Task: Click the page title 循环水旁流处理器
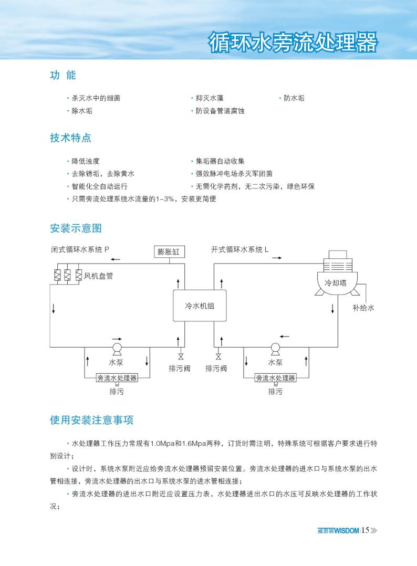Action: (292, 43)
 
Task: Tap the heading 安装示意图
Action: (76, 228)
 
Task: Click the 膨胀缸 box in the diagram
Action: (169, 251)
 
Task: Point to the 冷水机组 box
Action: (200, 306)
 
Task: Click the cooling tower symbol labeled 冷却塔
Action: (336, 278)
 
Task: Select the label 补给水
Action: (363, 308)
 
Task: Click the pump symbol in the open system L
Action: (275, 348)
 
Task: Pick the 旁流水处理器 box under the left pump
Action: (117, 378)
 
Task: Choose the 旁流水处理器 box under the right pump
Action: (275, 378)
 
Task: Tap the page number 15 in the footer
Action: (366, 530)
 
